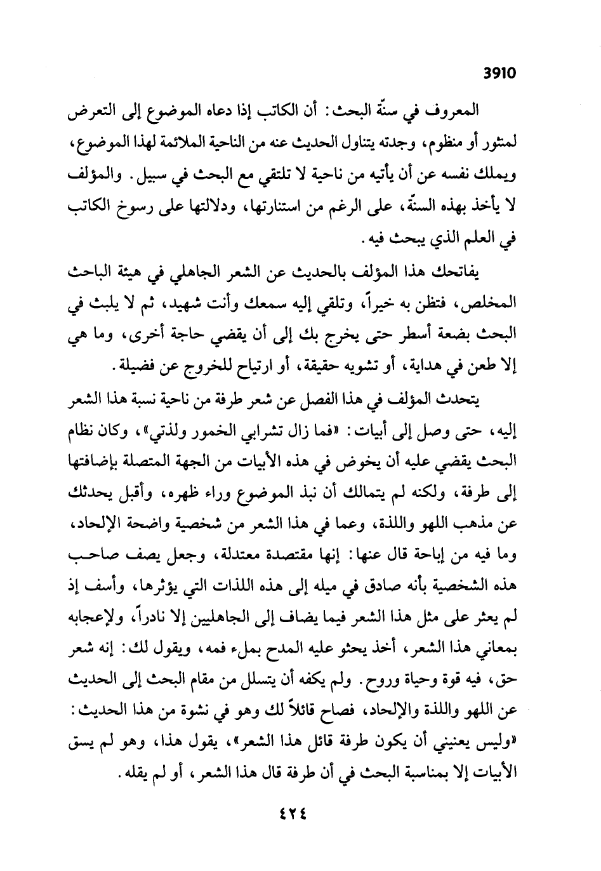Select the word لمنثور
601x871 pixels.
(501, 142)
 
